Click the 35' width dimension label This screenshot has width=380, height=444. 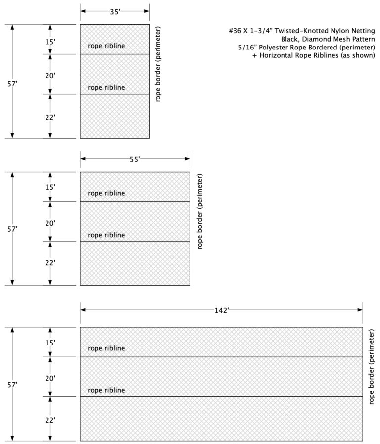pos(115,12)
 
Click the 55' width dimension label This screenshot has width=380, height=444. pos(135,159)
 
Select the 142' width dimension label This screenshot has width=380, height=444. pos(221,310)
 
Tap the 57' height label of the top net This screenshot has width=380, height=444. pos(13,84)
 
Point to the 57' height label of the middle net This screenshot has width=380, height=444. pos(13,229)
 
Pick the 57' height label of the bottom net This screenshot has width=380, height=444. pos(13,384)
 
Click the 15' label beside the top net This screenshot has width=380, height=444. pos(50,42)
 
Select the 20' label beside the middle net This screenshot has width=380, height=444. pos(50,223)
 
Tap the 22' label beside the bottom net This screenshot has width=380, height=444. pos(50,420)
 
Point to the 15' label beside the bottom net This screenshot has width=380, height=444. pos(50,342)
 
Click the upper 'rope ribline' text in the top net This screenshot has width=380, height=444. pos(106,46)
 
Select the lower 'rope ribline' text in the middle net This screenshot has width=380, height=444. pos(106,235)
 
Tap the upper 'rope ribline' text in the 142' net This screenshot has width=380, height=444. pos(106,348)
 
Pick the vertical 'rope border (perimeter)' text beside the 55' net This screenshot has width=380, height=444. pos(200,211)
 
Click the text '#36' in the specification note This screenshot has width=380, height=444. pos(235,31)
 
